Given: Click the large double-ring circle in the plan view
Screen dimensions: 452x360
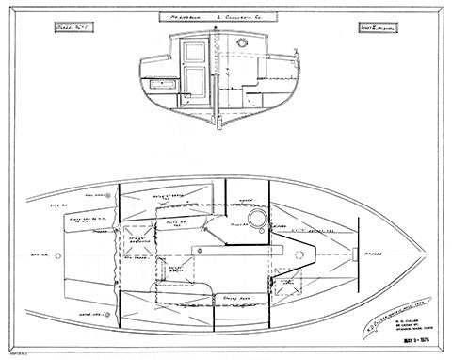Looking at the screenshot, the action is (x=253, y=218).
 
